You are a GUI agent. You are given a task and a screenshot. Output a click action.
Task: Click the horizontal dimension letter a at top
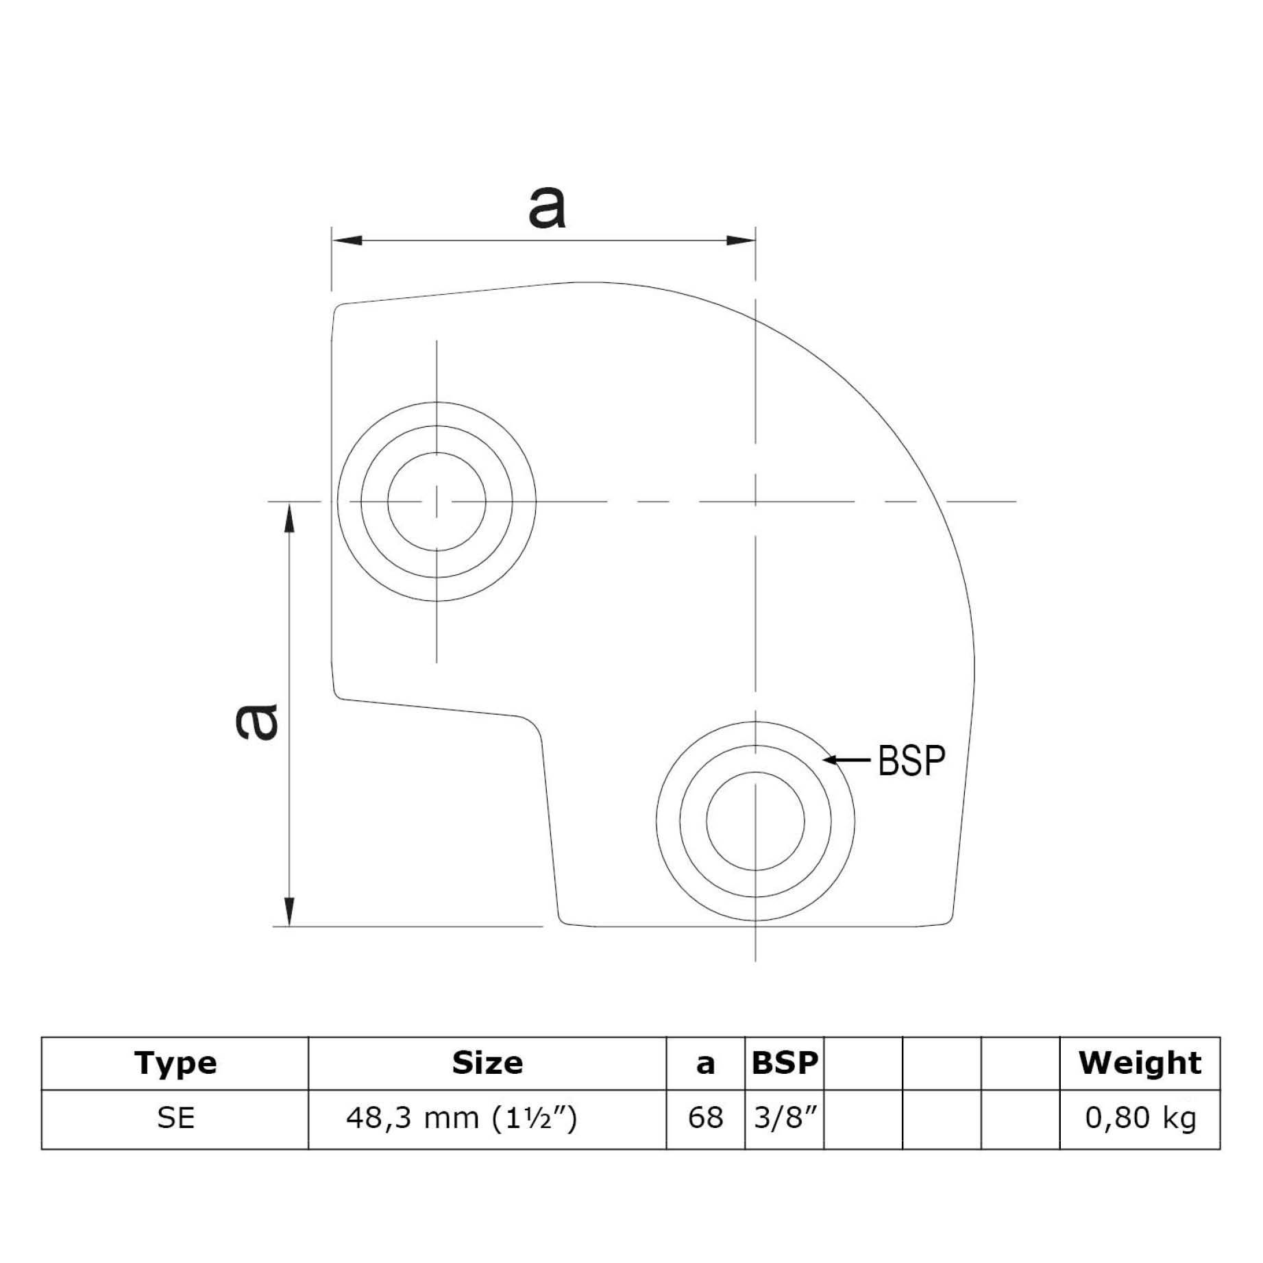547,208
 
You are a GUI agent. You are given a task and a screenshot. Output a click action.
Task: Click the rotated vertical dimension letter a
256,722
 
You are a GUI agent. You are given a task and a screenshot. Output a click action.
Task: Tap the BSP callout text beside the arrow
911,760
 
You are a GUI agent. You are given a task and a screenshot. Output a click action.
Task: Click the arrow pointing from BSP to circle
847,759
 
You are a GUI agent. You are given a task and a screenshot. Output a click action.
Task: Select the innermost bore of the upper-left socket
437,502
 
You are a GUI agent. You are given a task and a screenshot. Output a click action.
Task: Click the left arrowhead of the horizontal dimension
347,241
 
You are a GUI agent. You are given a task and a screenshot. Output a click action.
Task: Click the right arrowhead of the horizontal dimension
741,241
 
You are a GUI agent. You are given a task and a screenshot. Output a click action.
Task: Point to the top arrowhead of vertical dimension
290,517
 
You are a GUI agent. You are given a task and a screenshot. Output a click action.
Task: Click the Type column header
175,1063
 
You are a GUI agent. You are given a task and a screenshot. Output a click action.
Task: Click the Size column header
487,1063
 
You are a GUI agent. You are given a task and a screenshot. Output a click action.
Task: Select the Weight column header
1139,1063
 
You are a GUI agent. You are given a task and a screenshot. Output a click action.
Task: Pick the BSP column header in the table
784,1063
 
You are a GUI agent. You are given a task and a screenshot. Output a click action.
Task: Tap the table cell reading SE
175,1118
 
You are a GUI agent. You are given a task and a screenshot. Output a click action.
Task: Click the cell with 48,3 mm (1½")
461,1118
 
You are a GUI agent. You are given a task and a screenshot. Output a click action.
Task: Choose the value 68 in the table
705,1118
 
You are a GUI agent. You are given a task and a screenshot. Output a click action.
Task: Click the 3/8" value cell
785,1118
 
